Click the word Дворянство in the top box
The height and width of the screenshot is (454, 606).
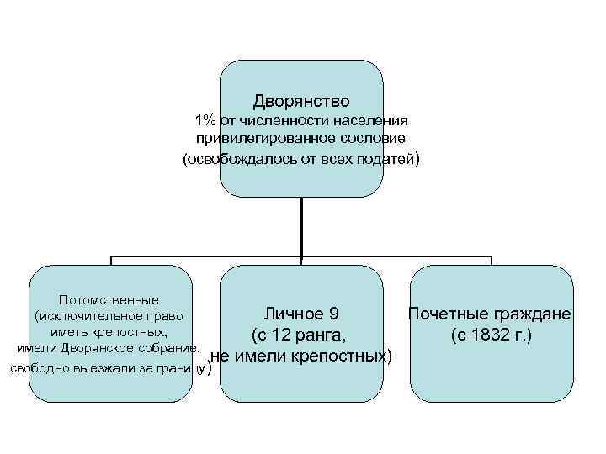click(300, 101)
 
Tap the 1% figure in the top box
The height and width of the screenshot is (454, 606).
click(205, 120)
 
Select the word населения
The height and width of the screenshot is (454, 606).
click(371, 120)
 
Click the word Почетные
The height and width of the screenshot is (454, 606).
click(443, 314)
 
